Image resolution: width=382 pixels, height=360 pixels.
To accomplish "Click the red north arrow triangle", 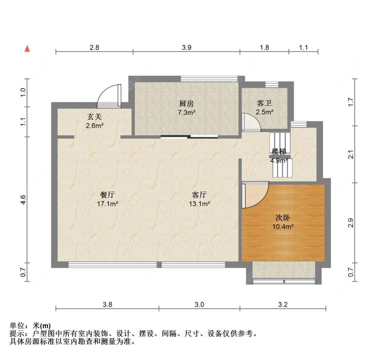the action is [27, 49].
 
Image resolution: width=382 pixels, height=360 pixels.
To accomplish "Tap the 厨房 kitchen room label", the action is [186, 104].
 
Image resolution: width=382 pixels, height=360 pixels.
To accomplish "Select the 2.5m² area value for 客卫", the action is [264, 112].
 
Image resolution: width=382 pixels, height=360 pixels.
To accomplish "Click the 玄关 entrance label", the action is [94, 117].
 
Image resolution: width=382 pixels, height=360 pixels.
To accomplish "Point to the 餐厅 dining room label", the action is [107, 195].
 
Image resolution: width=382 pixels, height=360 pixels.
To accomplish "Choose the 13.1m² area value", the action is [200, 204].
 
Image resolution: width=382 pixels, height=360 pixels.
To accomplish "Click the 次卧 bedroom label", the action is [283, 218].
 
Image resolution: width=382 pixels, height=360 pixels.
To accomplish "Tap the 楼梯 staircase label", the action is [279, 152].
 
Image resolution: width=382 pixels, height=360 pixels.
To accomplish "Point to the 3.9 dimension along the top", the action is [187, 47].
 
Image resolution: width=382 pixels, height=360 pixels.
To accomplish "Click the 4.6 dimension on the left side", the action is [23, 200].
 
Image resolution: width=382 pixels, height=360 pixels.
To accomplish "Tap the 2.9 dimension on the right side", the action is [350, 223].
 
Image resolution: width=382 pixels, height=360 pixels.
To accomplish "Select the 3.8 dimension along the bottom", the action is [107, 304].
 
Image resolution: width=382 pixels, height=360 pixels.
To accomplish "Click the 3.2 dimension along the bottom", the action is [283, 304].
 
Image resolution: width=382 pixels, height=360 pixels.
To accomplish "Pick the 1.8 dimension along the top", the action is [264, 47].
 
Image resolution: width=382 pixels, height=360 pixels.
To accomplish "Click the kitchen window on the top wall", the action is [209, 79].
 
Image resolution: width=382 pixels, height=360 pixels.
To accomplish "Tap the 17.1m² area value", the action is [108, 204].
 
